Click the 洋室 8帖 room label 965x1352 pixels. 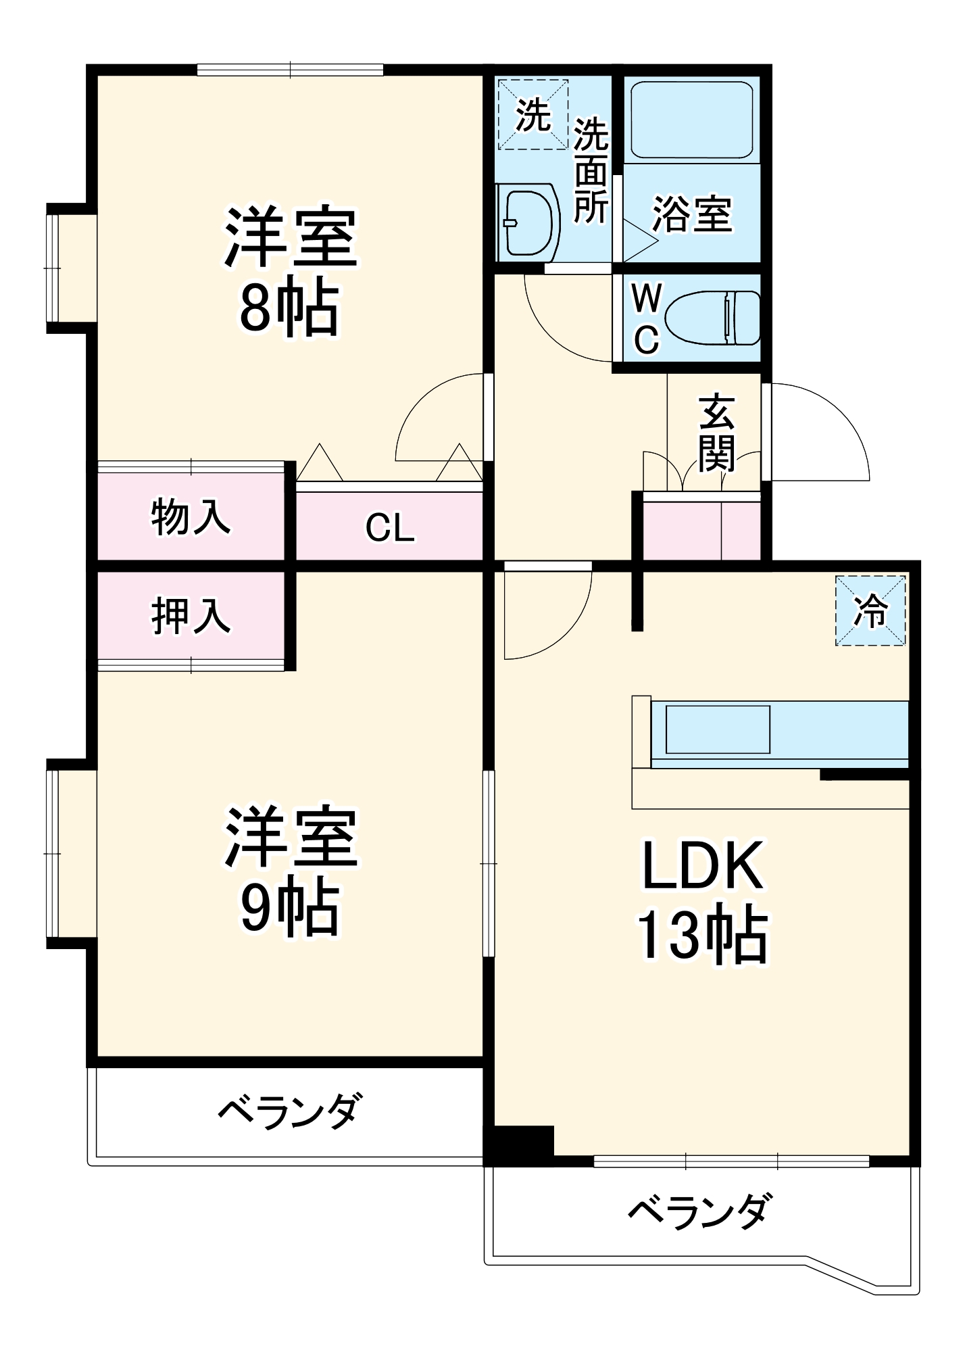tap(291, 270)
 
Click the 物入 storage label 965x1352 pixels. tap(191, 518)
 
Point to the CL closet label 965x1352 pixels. tap(389, 528)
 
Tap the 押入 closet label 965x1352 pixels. tap(191, 616)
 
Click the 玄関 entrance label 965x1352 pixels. tap(716, 433)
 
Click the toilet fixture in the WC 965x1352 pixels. tap(713, 318)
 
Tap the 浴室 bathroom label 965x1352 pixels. tap(692, 215)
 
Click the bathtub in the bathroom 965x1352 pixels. tap(691, 120)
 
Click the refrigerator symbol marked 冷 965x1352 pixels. tap(870, 611)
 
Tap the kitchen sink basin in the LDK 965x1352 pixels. tap(718, 729)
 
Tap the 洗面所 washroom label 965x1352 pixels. tap(591, 170)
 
